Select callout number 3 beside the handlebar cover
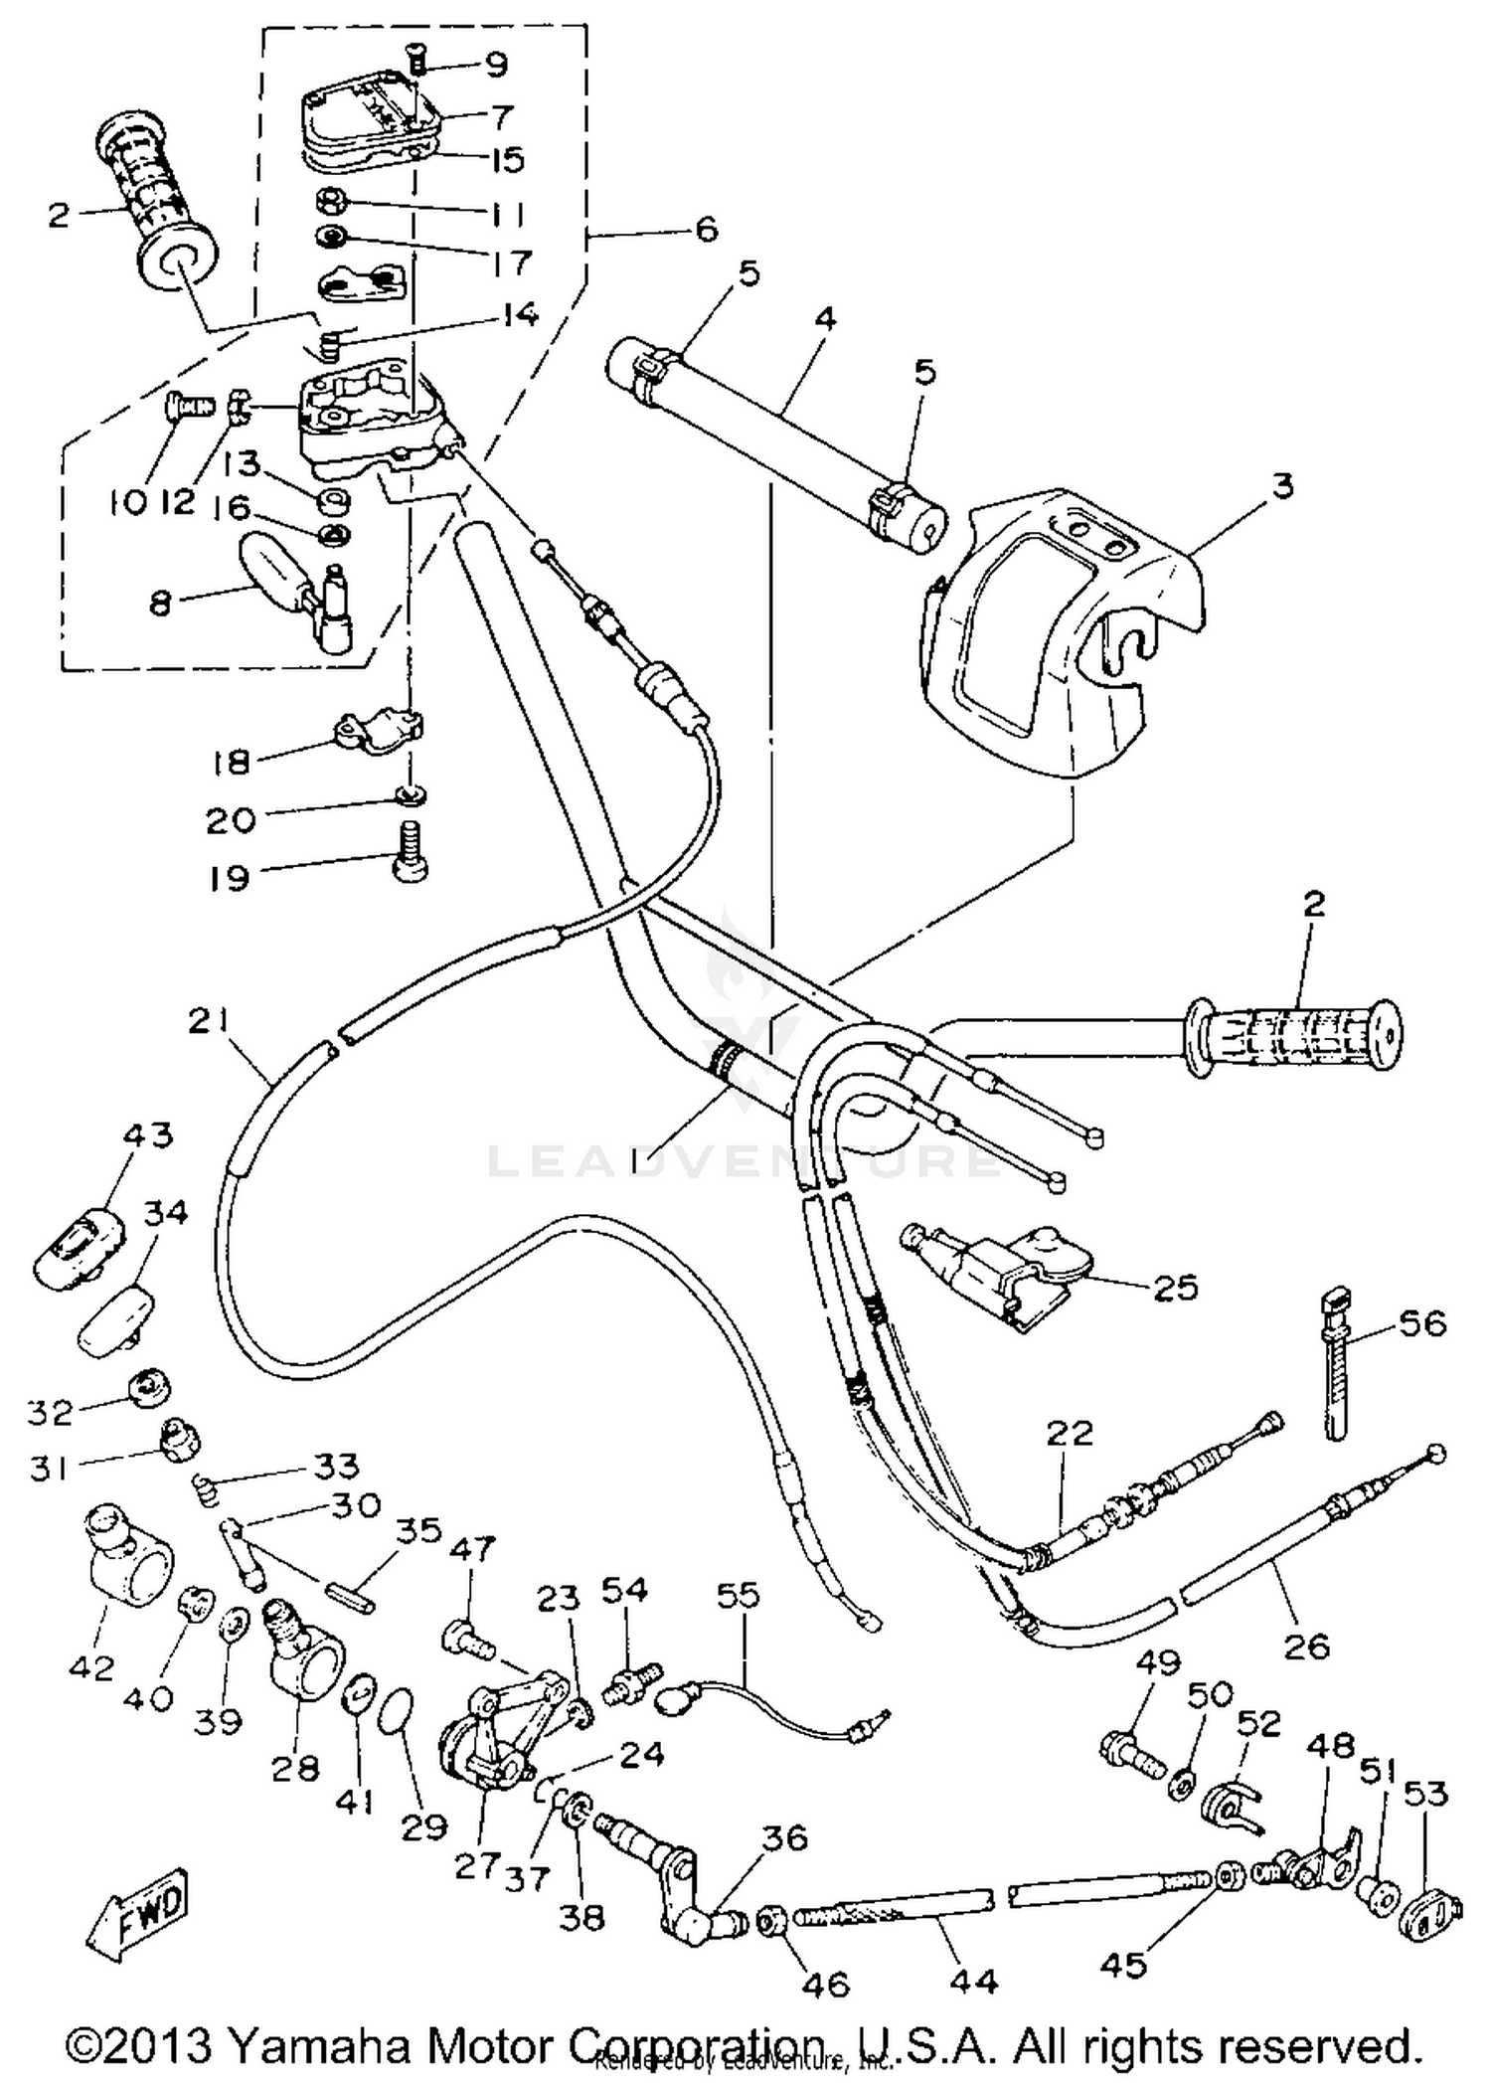pyautogui.click(x=1283, y=488)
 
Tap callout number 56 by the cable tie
pyautogui.click(x=1422, y=1324)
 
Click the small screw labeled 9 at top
pyautogui.click(x=418, y=63)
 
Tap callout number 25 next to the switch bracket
pyautogui.click(x=1176, y=1288)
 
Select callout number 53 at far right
pyautogui.click(x=1426, y=1795)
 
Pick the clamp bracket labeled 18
pyautogui.click(x=376, y=729)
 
